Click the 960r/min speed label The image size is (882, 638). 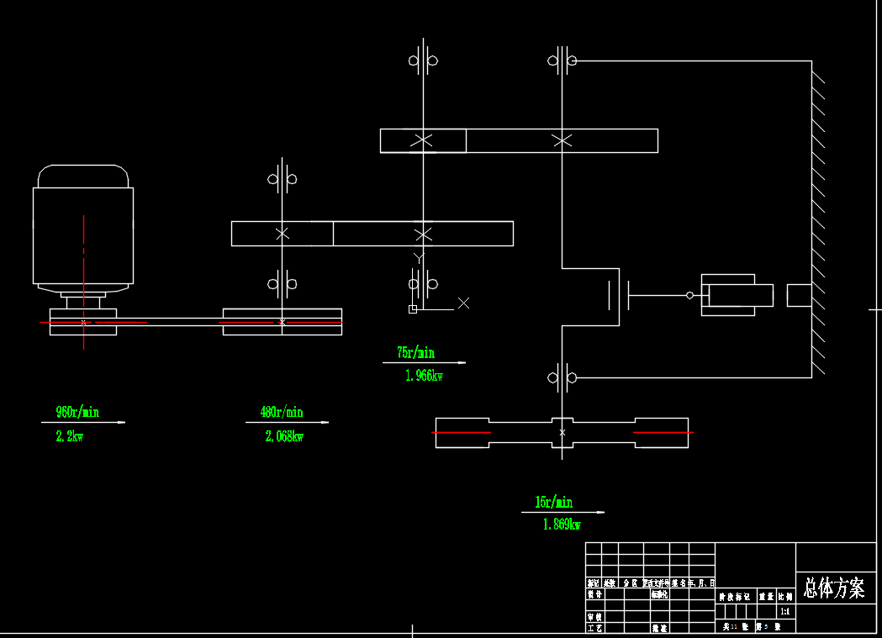pyautogui.click(x=77, y=412)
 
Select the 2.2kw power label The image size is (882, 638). pyautogui.click(x=70, y=436)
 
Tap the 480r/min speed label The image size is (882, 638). pyautogui.click(x=281, y=412)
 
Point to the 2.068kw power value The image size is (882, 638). pyautogui.click(x=284, y=436)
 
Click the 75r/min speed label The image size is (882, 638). pyautogui.click(x=415, y=352)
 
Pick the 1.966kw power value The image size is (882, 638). pyautogui.click(x=424, y=376)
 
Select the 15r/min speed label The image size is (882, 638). pyautogui.click(x=553, y=502)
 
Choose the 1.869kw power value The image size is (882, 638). pyautogui.click(x=562, y=525)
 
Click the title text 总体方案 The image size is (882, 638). pyautogui.click(x=834, y=588)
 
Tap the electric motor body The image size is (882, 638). pyautogui.click(x=83, y=235)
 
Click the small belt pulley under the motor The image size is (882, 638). pyautogui.click(x=83, y=322)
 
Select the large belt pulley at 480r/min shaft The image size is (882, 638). pyautogui.click(x=282, y=322)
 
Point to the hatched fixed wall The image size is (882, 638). pyautogui.click(x=818, y=219)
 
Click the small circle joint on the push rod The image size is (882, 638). pyautogui.click(x=690, y=295)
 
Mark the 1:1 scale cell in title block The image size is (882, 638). pyautogui.click(x=785, y=611)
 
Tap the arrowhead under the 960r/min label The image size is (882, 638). pyautogui.click(x=122, y=422)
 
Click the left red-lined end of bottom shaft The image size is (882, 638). pyautogui.click(x=462, y=432)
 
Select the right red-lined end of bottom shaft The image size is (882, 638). pyautogui.click(x=662, y=432)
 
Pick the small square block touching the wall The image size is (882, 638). pyautogui.click(x=799, y=295)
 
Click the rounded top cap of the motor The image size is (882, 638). pyautogui.click(x=83, y=176)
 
